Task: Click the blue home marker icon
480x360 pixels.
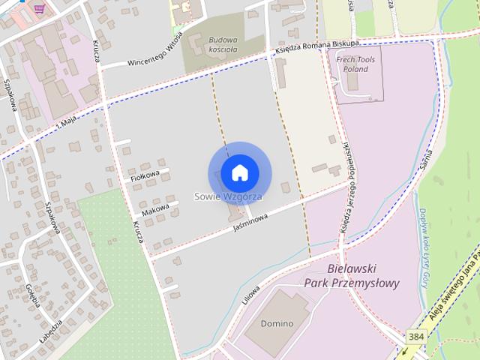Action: (x=239, y=172)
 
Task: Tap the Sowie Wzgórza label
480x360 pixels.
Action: (x=228, y=196)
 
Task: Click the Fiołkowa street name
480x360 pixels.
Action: (x=145, y=175)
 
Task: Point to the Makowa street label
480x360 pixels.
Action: (x=155, y=211)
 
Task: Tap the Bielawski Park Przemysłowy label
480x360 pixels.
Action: (x=352, y=276)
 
